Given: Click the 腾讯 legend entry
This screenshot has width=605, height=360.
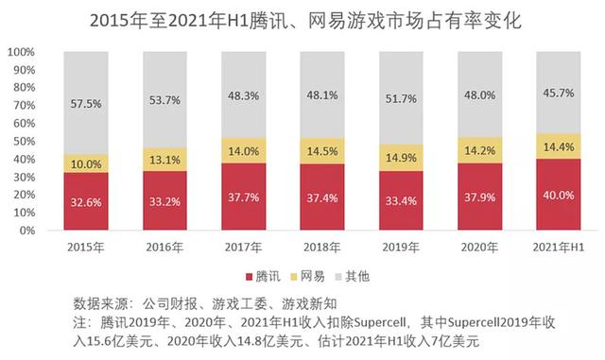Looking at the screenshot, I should coord(270,276).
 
